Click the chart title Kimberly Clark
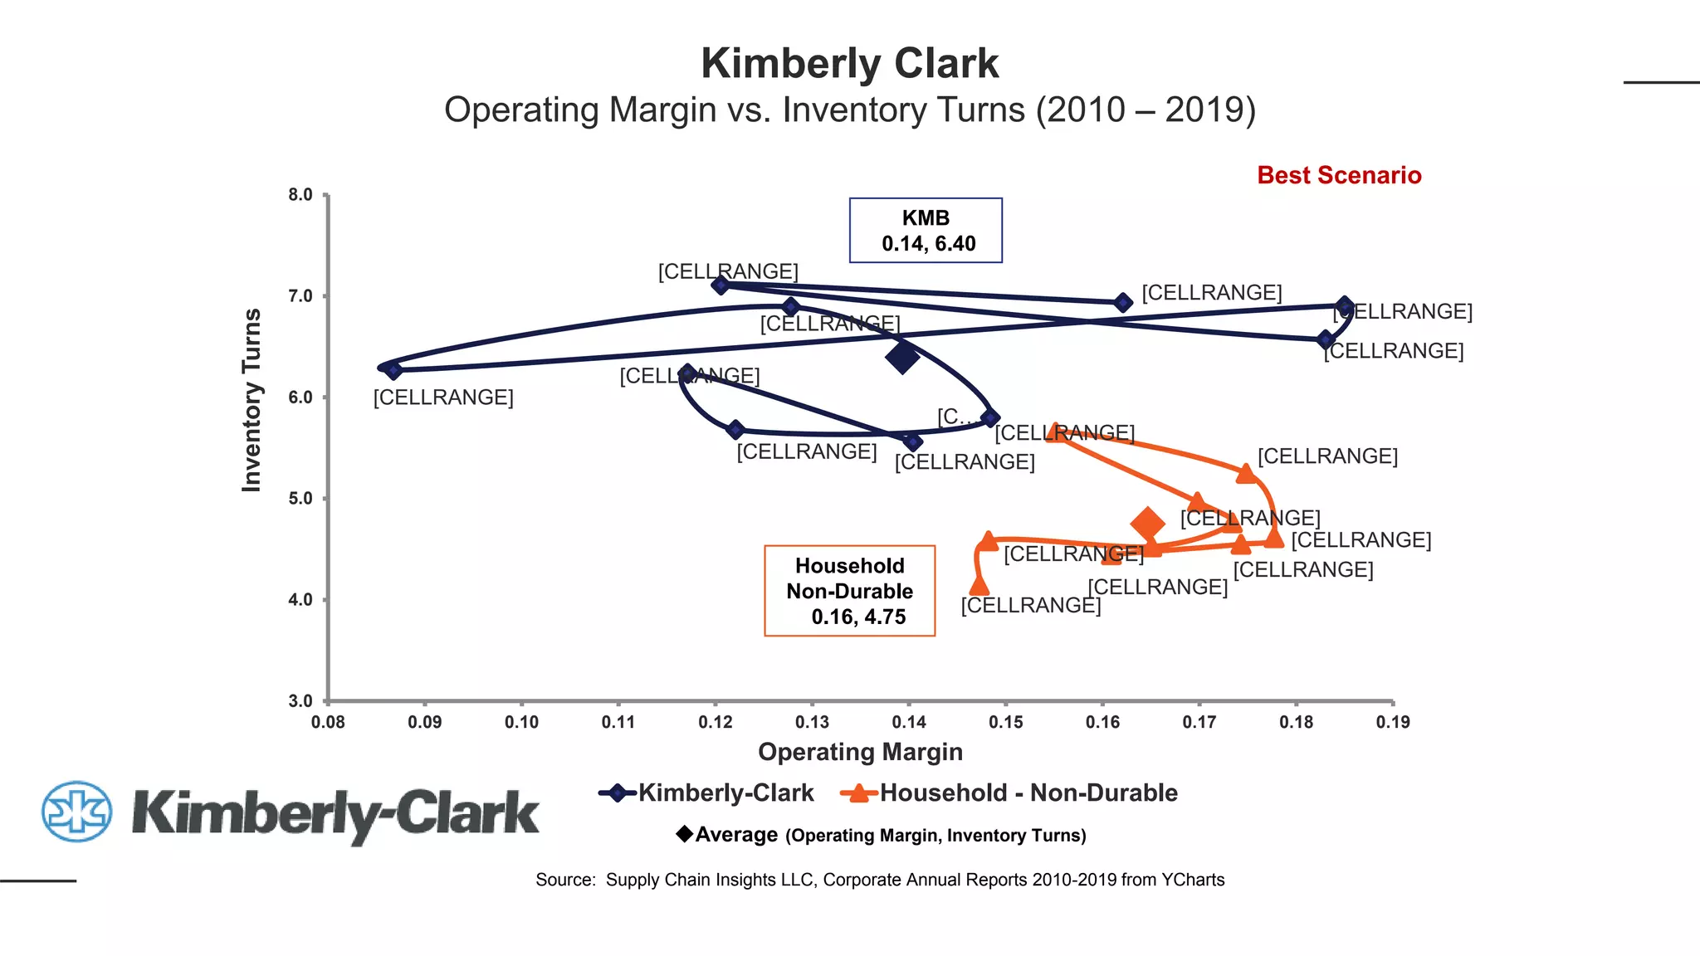[x=849, y=64]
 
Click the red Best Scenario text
[x=1338, y=175]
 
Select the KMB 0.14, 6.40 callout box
[x=926, y=231]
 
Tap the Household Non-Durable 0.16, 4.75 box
[x=849, y=591]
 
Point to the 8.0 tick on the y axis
[x=300, y=195]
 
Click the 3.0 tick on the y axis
[x=300, y=701]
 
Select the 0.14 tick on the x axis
[x=908, y=722]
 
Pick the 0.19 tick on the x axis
[x=1392, y=722]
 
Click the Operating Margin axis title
[x=860, y=752]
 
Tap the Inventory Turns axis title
[x=252, y=400]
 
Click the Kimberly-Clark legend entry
[x=707, y=793]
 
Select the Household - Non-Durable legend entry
[x=1009, y=793]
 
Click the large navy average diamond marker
[x=902, y=358]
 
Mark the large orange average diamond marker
[x=1148, y=524]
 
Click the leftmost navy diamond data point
[x=393, y=370]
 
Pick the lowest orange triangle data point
[x=979, y=586]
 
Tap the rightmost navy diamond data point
[x=1345, y=305]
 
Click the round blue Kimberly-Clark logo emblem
[x=76, y=811]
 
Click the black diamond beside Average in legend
[x=684, y=833]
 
